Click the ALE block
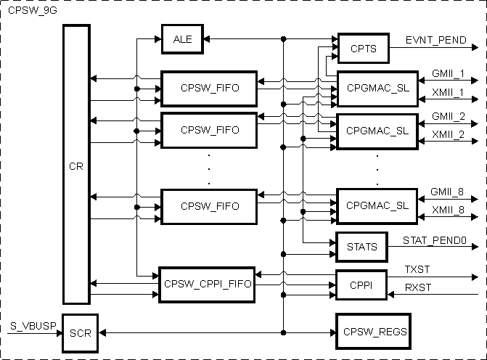(x=182, y=39)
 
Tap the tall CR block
(x=75, y=165)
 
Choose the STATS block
(x=362, y=247)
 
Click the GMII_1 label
(x=448, y=74)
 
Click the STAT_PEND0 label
(x=434, y=240)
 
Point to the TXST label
(x=418, y=269)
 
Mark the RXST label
(x=418, y=288)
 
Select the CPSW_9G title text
(x=28, y=12)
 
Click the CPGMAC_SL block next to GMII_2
(x=373, y=131)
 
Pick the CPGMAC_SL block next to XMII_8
(x=373, y=205)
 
